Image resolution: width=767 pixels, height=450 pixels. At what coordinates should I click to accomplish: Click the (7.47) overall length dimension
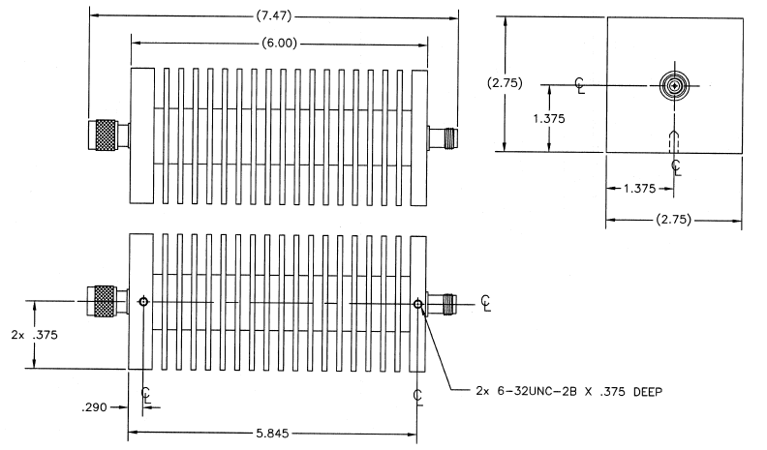point(274,16)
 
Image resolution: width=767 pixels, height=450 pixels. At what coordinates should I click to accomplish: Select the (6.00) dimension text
point(279,43)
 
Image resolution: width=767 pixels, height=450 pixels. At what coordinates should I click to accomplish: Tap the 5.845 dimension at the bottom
point(272,434)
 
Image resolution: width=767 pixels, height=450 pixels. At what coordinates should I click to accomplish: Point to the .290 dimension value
point(94,407)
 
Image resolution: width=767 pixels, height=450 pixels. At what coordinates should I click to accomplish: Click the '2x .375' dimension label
point(34,335)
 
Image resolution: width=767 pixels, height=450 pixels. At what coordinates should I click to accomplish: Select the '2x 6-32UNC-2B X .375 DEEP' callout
point(569,391)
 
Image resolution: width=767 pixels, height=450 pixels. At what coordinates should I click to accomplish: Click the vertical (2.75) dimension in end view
point(505,83)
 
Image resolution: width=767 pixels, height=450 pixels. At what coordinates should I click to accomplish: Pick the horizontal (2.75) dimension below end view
point(674,220)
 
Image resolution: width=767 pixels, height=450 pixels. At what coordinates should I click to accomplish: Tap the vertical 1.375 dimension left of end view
point(549,118)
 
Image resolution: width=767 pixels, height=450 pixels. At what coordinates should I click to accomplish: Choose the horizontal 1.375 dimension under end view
point(639,189)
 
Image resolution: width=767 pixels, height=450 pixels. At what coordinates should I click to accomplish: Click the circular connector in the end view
point(675,86)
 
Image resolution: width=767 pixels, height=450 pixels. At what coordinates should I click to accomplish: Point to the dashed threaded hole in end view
point(675,141)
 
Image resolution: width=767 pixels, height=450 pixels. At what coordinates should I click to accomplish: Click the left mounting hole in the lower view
point(143,302)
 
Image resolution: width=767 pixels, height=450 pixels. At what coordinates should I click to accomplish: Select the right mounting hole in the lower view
point(417,304)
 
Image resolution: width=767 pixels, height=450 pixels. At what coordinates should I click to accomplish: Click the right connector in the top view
point(443,137)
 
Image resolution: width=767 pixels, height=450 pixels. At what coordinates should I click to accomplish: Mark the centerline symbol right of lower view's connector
point(485,303)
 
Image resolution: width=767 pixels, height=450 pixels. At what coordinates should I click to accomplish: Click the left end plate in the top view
point(141,135)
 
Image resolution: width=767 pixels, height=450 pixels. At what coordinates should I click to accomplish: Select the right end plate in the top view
point(419,137)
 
